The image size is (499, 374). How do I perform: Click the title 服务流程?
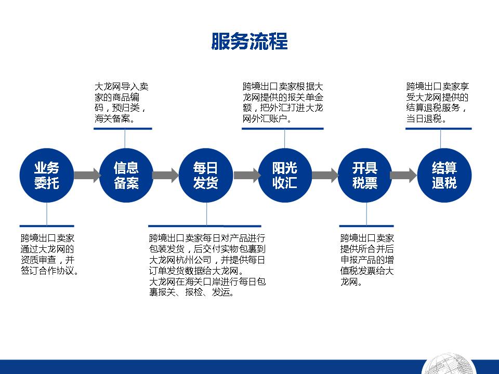[x=249, y=42]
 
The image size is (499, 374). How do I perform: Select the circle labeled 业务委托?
[x=47, y=175]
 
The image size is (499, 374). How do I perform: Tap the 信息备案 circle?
[x=126, y=175]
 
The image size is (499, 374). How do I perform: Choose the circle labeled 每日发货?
[x=206, y=175]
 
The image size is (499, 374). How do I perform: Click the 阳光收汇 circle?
[x=285, y=175]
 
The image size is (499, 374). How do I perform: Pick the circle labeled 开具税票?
[x=365, y=175]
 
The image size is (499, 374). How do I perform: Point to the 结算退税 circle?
[x=444, y=175]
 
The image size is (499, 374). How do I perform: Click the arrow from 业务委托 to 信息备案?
[x=87, y=175]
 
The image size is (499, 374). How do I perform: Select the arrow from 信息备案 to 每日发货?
[x=166, y=175]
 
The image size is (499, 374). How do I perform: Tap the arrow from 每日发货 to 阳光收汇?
[x=247, y=175]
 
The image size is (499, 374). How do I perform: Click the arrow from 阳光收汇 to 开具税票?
[x=325, y=175]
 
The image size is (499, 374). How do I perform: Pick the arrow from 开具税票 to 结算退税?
[x=403, y=175]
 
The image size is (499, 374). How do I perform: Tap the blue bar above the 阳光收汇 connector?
[x=283, y=128]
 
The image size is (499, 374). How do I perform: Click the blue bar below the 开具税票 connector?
[x=366, y=226]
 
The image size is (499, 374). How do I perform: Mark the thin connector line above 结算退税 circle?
[x=440, y=139]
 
